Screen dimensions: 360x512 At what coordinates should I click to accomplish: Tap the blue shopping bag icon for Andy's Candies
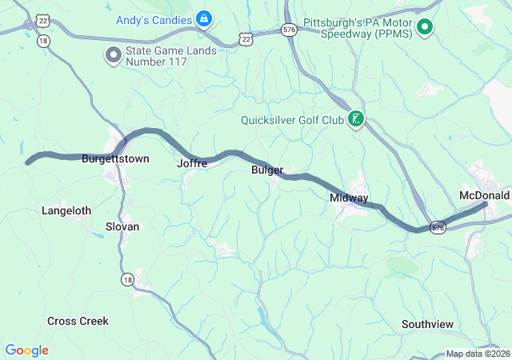(x=205, y=18)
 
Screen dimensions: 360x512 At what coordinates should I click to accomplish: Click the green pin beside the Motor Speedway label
(x=426, y=29)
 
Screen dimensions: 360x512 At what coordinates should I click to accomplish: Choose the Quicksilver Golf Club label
(x=292, y=121)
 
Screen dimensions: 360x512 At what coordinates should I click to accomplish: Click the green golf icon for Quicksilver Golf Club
(x=355, y=120)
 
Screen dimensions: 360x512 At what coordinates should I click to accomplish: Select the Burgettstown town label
(x=115, y=159)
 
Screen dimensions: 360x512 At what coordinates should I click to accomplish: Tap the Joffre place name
(x=192, y=163)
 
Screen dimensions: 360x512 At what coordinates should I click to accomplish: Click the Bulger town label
(x=267, y=170)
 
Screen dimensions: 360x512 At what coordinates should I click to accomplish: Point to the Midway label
(x=349, y=198)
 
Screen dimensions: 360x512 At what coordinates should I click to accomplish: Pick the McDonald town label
(x=484, y=195)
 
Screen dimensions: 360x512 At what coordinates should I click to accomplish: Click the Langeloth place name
(x=66, y=211)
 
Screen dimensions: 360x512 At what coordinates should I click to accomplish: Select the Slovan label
(x=122, y=226)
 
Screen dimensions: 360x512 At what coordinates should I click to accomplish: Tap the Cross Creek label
(x=78, y=321)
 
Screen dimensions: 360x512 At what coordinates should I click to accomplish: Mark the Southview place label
(x=427, y=324)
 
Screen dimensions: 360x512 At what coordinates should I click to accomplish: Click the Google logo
(x=26, y=350)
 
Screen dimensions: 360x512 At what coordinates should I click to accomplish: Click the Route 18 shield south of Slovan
(x=126, y=278)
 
